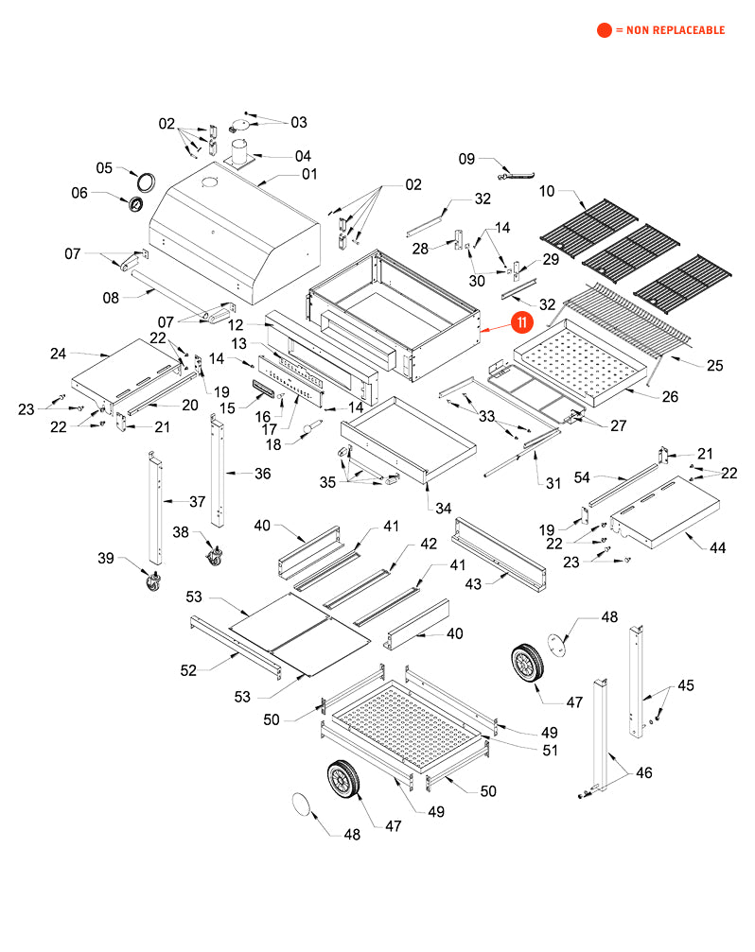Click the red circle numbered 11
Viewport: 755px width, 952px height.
click(x=521, y=322)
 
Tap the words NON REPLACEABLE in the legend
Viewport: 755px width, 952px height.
click(x=674, y=30)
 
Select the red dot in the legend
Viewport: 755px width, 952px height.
click(x=604, y=30)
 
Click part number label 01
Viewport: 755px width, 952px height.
click(x=309, y=174)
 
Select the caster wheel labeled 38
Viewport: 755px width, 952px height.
click(x=215, y=553)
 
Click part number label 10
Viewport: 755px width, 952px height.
click(x=547, y=192)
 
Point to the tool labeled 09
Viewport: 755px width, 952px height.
click(x=515, y=173)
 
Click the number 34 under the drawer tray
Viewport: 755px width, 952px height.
click(x=443, y=508)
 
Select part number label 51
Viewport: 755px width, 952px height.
click(x=549, y=751)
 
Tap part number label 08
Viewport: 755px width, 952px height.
click(x=112, y=299)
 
